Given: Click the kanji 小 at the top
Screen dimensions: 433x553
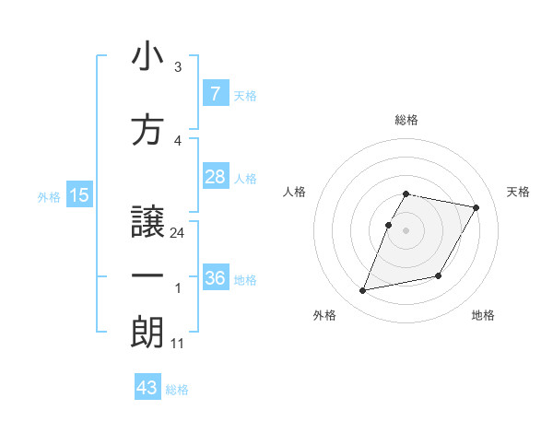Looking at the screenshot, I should click(147, 57).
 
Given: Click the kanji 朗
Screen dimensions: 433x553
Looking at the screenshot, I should click(147, 332).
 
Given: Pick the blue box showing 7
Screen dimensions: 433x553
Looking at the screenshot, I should click(215, 93).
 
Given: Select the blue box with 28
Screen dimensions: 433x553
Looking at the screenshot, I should click(215, 177).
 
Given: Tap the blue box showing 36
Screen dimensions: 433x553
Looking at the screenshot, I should click(215, 277).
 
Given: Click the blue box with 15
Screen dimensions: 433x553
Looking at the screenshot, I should click(78, 194).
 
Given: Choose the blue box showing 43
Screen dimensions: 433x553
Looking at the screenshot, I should click(147, 388).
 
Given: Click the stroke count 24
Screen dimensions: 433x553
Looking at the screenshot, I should click(178, 233).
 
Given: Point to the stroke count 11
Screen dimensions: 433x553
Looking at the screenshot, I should click(178, 344).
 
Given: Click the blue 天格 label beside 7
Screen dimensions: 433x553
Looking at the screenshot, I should click(244, 95).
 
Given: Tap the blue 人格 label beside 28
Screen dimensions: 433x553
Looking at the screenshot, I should click(244, 178).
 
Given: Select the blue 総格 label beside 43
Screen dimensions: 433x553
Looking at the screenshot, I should click(177, 390).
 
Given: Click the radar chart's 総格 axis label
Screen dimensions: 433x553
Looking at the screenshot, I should click(406, 120).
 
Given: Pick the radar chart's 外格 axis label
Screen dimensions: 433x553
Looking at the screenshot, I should click(324, 315).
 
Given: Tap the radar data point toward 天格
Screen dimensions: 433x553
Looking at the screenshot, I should click(476, 208).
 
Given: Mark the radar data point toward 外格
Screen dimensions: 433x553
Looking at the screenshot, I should click(363, 291).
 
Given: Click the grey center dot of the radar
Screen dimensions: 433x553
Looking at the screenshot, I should click(406, 230).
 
